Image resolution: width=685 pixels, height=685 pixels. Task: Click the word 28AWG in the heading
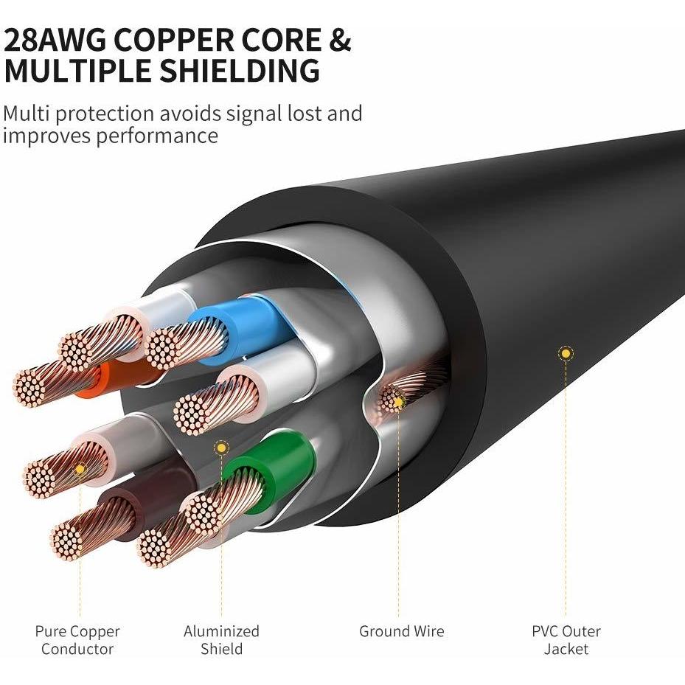click(55, 41)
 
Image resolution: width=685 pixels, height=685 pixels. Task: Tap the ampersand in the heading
click(339, 41)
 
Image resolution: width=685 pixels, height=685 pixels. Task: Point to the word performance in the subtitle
click(157, 136)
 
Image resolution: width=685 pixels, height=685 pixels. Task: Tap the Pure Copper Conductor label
click(77, 639)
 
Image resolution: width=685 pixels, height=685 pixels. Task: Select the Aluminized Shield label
click(221, 639)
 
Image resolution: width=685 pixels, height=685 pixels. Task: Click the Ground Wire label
click(401, 631)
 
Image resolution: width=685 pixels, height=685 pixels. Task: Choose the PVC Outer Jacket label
click(566, 639)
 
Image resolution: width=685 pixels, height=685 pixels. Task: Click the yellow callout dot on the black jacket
click(566, 353)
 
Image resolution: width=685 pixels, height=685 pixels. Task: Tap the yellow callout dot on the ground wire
click(398, 401)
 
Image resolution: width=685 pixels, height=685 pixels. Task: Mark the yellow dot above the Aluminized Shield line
click(221, 448)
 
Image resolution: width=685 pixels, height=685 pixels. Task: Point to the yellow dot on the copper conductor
click(80, 469)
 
